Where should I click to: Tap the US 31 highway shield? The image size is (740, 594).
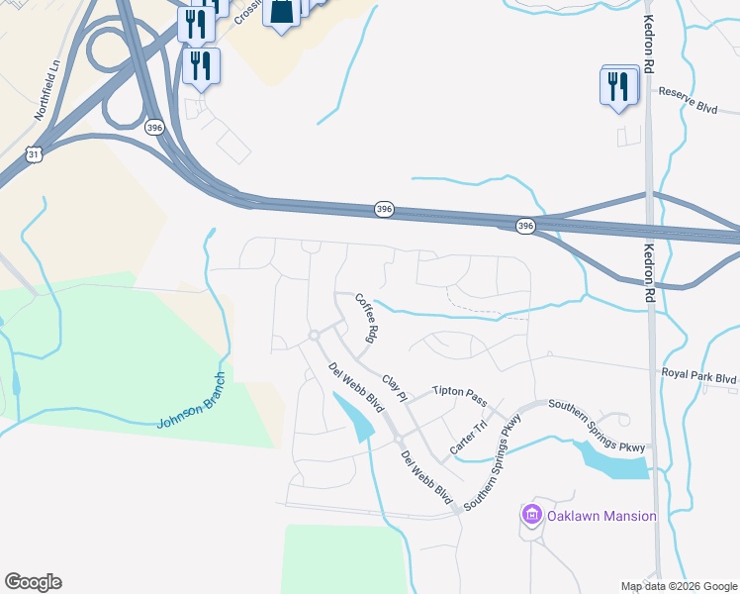35,154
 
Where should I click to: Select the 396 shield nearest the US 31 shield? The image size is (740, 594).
153,127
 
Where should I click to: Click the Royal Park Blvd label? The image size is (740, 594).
699,377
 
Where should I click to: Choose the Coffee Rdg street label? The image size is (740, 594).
367,318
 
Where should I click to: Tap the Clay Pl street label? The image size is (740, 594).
395,387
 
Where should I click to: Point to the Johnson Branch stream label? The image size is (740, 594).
192,401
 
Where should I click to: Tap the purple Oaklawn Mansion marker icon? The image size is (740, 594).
532,515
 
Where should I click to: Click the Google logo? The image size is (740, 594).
33,582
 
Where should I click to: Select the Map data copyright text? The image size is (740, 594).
679,586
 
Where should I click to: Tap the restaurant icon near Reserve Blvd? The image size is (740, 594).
618,85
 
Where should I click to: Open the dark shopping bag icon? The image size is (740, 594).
282,12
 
